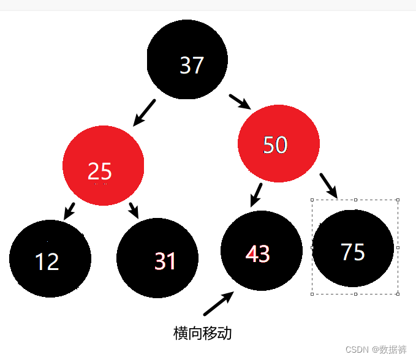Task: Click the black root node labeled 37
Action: tap(187, 59)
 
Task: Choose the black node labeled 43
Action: tap(261, 252)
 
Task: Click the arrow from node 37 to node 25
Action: tap(145, 112)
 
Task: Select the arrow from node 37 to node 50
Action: tap(240, 102)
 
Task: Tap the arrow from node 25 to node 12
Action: tap(69, 211)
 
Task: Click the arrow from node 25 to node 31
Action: tap(134, 210)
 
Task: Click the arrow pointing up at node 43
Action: tap(218, 303)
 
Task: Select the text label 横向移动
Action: tap(203, 334)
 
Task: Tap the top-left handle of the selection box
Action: tap(312, 200)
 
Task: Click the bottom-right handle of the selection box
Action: tap(398, 294)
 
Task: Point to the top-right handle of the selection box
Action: tap(398, 200)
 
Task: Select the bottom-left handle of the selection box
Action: tap(312, 294)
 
